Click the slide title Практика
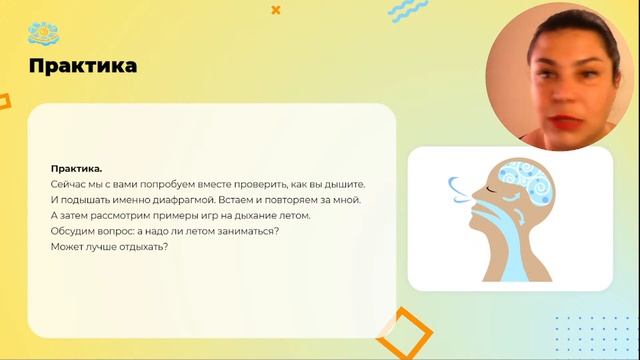[83, 66]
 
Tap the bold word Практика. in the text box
[76, 169]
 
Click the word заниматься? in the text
[244, 230]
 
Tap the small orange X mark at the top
[276, 10]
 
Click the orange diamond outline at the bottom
[400, 334]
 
